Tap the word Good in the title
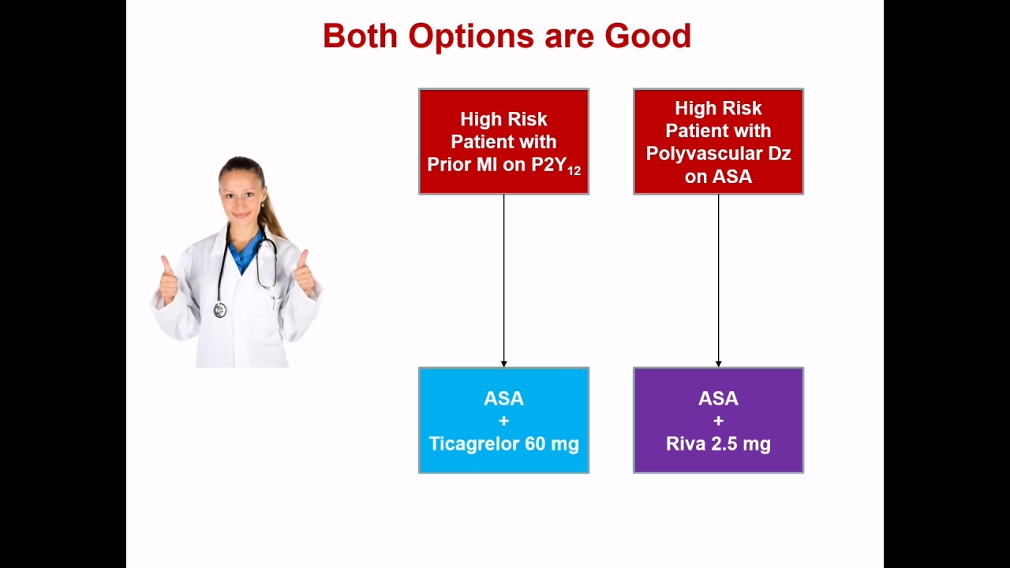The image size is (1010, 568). point(648,36)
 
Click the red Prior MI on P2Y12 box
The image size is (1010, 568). point(503,141)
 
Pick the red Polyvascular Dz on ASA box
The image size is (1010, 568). point(718,141)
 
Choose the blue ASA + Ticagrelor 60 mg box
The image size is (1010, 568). point(503,420)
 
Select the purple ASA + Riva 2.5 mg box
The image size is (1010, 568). point(718,420)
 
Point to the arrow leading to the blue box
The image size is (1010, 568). point(503,281)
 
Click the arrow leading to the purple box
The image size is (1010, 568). point(718,281)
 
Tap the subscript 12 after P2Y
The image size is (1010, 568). point(574,171)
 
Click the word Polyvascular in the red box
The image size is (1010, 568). point(703,154)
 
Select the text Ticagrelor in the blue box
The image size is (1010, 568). point(473,444)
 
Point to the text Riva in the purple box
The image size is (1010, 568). point(686,443)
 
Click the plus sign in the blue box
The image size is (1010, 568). point(503,421)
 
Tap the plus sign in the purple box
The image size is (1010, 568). point(718,421)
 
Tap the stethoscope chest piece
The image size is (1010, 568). point(220,310)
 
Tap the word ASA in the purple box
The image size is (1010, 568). point(718,398)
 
